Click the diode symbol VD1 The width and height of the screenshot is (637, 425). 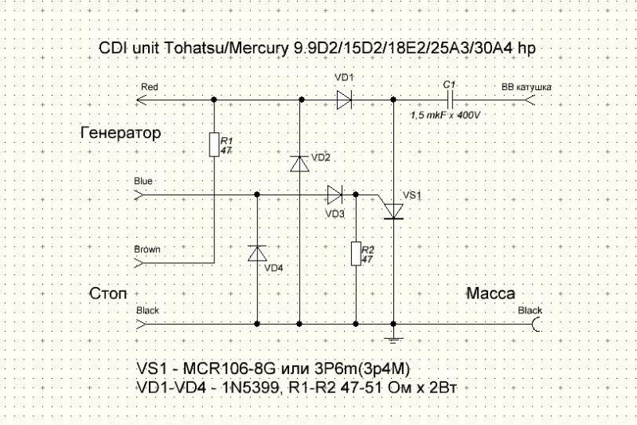345,100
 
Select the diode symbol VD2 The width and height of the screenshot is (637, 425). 299,163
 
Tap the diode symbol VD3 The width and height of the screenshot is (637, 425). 334,194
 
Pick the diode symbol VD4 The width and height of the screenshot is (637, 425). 256,253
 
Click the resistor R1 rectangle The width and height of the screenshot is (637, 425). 214,144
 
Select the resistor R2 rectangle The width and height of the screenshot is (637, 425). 355,253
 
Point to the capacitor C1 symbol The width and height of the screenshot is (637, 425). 450,100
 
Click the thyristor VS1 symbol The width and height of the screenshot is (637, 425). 393,209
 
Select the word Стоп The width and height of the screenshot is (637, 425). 107,293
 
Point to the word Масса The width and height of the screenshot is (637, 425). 490,293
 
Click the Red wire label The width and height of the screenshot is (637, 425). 149,86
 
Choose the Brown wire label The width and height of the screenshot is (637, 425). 147,249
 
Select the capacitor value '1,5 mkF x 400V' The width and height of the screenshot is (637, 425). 447,115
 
